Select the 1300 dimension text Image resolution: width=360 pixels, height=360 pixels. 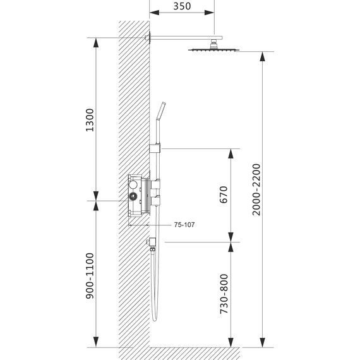[88, 120]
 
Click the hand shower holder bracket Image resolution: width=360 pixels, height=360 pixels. [155, 150]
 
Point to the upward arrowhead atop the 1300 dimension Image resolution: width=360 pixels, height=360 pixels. [96, 42]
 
